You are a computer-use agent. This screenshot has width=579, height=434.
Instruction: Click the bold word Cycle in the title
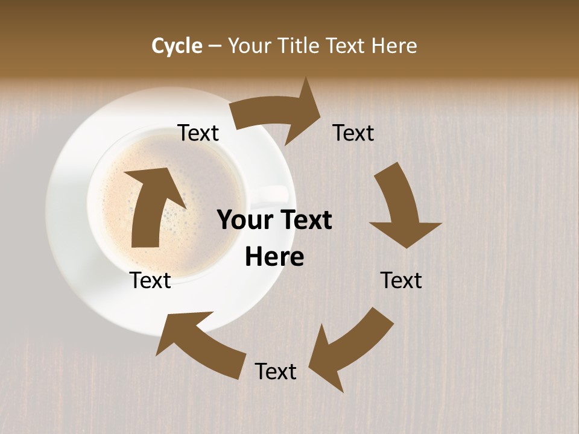(x=176, y=46)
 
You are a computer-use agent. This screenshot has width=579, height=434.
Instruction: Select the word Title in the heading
(x=300, y=46)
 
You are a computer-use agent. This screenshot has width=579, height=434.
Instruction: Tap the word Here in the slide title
(x=394, y=46)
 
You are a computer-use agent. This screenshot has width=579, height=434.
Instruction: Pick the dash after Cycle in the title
(x=215, y=46)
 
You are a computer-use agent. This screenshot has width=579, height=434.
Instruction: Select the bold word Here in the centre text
(x=274, y=257)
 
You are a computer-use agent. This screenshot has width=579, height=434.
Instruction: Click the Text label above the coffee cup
(x=198, y=133)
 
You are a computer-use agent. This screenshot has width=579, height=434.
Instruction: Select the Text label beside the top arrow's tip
(x=353, y=133)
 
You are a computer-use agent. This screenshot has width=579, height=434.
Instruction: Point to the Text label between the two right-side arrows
(x=401, y=281)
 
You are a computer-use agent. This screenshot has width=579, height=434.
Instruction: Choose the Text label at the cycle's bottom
(x=276, y=372)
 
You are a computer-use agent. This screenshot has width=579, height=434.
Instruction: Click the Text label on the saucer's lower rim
(x=151, y=281)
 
